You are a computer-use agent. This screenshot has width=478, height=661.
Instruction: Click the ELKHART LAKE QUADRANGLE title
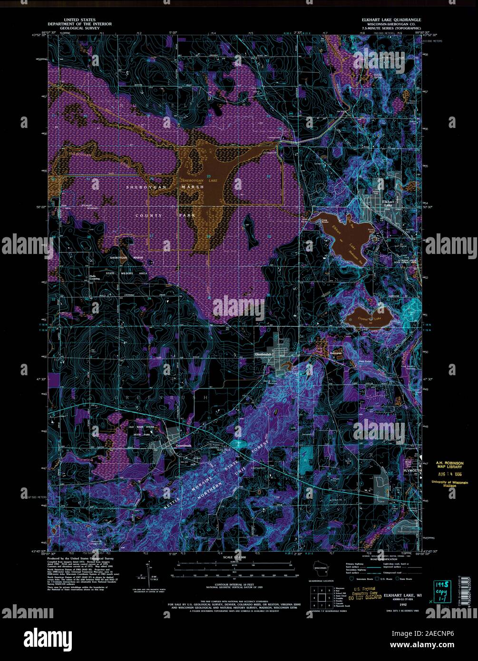coord(390,20)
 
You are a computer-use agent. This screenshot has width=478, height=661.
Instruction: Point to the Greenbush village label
coord(183,446)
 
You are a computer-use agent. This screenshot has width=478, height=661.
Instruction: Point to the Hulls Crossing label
coord(94,277)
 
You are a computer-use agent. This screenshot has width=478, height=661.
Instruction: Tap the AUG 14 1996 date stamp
coord(449,474)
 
